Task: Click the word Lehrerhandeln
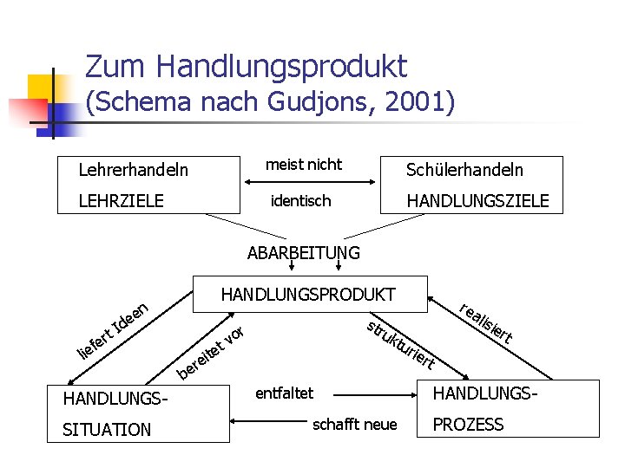click(x=133, y=171)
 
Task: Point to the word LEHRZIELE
click(x=121, y=201)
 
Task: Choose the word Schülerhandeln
click(x=464, y=171)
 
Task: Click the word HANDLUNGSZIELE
click(x=477, y=201)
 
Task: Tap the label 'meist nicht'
click(x=304, y=165)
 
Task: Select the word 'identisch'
click(x=300, y=201)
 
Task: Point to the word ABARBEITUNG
click(x=303, y=253)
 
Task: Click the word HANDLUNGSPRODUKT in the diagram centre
click(x=308, y=295)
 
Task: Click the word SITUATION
click(x=107, y=430)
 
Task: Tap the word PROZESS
click(x=468, y=425)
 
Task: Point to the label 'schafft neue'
click(x=354, y=424)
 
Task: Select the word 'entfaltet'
click(x=285, y=393)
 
